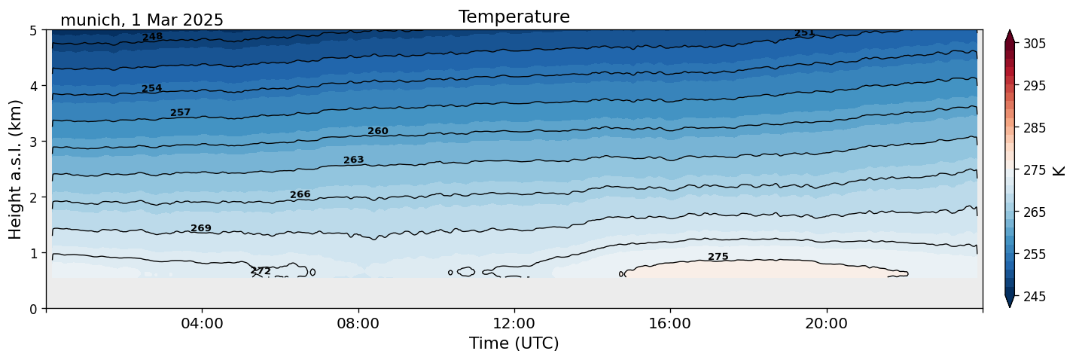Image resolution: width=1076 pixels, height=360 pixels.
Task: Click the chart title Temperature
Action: [x=514, y=17]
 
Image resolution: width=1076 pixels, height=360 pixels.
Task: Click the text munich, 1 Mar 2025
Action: [x=142, y=20]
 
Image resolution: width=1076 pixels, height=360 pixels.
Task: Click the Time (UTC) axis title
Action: [x=514, y=343]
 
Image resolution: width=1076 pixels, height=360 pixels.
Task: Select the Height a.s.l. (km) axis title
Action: [x=16, y=169]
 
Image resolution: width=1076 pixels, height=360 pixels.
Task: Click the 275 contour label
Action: [x=718, y=257]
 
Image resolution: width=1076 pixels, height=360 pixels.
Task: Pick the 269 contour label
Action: [x=201, y=228]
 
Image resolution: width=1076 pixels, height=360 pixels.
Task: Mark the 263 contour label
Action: [x=354, y=160]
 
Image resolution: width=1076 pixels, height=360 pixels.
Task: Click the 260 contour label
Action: [x=378, y=131]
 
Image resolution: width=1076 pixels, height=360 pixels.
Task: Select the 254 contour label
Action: [x=152, y=88]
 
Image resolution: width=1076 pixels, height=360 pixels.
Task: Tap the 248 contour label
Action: [x=152, y=36]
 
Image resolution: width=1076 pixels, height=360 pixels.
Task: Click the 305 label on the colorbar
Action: [x=1034, y=44]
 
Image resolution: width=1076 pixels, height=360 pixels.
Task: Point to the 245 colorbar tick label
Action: [x=1034, y=297]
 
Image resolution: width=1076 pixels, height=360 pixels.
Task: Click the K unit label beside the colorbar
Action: [x=1059, y=170]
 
